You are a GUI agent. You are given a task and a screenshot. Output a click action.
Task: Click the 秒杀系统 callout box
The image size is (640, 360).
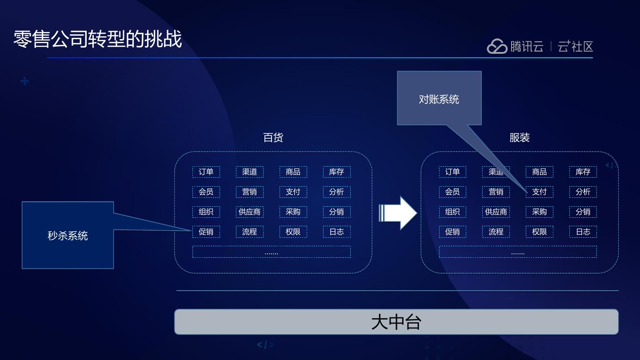point(68,235)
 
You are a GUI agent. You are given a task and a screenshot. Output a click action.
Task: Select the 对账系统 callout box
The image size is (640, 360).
point(439,98)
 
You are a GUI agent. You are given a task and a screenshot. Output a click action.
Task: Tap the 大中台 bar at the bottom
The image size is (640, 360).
point(396,322)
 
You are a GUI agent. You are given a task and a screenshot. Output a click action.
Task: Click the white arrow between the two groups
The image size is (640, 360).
point(398,213)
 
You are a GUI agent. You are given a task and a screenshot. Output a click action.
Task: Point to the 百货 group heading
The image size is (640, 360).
point(273,137)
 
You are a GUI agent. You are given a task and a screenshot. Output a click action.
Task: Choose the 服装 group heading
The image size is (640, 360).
point(519,137)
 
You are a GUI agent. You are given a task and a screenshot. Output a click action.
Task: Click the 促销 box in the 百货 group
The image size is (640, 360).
point(206,232)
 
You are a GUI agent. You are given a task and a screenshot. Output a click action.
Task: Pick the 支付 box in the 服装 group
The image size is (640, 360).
point(539,192)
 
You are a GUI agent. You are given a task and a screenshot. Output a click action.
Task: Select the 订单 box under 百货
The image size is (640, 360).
point(206,172)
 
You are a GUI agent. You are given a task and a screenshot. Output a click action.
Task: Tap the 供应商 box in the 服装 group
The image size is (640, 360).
point(496,212)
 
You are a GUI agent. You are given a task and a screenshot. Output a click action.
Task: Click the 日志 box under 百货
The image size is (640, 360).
point(336,232)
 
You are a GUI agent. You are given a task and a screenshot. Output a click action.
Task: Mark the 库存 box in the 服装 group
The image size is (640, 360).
point(583,172)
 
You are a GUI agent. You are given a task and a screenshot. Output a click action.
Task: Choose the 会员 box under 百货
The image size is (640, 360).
point(206,192)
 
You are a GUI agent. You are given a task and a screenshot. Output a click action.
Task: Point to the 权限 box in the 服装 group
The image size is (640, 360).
point(539,232)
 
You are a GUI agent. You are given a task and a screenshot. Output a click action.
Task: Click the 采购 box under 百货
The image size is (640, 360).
point(293,212)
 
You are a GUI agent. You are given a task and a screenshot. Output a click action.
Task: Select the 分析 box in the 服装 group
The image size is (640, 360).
point(583,192)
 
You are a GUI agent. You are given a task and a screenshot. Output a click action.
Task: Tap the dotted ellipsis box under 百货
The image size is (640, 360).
point(271,252)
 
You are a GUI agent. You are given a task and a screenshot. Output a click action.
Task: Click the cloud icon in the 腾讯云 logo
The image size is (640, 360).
point(497,46)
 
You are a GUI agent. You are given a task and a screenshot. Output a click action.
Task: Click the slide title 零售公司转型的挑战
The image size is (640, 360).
point(98,39)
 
